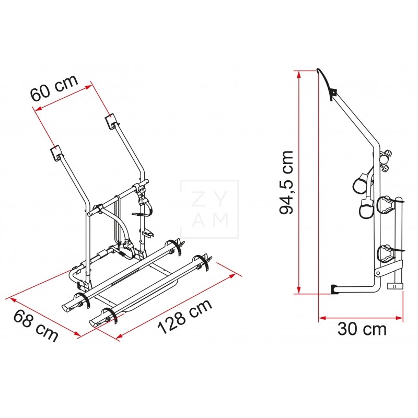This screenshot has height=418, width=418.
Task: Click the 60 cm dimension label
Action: [x=53, y=88]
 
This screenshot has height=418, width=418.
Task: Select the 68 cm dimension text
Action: [x=35, y=325]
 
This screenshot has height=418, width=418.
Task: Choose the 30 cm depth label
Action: [x=362, y=329]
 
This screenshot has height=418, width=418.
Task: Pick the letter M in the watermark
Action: [x=220, y=220]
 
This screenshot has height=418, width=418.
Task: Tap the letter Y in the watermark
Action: [x=220, y=200]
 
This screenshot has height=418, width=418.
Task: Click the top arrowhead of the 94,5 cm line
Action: [x=299, y=74]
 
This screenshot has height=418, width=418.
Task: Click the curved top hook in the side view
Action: [x=326, y=79]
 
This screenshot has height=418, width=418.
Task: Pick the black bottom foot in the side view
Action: [x=334, y=288]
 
